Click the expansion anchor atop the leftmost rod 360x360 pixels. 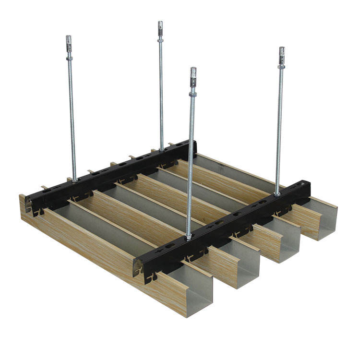coord(69,40)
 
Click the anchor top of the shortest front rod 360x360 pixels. coord(193,74)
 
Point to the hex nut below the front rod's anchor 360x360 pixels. coord(193,95)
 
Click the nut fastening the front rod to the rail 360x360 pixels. coord(189,236)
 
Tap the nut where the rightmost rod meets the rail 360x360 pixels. coord(277,193)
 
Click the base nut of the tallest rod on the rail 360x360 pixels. coord(162,149)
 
